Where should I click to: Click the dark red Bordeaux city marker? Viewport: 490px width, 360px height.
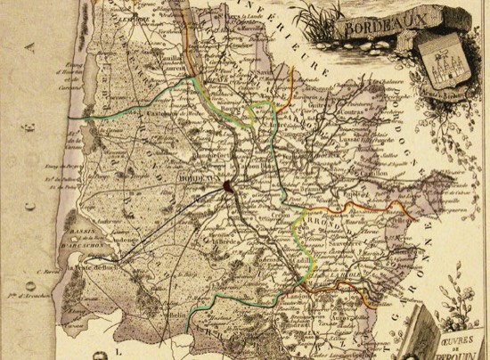228,186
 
